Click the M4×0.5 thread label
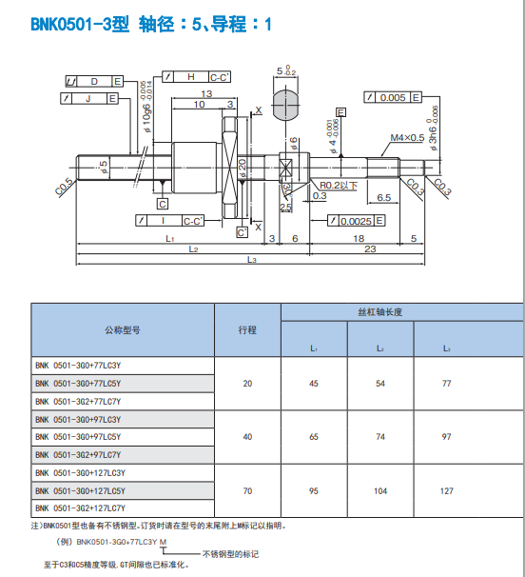pos(407,138)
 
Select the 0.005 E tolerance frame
pos(392,97)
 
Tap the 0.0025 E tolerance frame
pos(356,221)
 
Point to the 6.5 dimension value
pos(383,197)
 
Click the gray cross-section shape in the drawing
pos(287,103)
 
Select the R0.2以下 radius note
pos(339,185)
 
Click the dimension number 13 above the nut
pos(206,93)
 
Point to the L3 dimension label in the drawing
pos(252,260)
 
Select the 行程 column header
pos(247,329)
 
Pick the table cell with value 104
pos(379,490)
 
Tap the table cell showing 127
pos(446,490)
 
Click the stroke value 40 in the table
pos(247,437)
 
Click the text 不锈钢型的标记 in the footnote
pos(230,553)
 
